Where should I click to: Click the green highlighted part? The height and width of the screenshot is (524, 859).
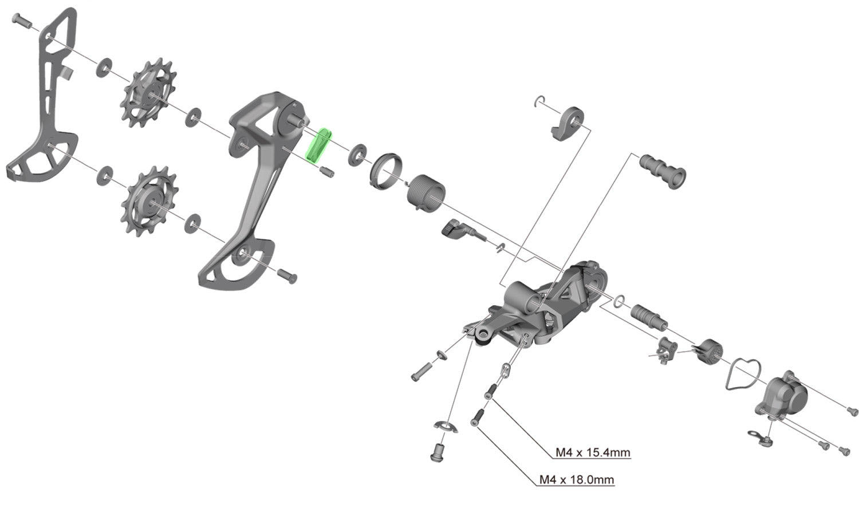coord(318,145)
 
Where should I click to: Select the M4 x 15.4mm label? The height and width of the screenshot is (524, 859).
coord(593,452)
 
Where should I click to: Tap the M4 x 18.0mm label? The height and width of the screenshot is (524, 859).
coord(577,479)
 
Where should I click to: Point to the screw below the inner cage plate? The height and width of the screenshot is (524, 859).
coord(287,277)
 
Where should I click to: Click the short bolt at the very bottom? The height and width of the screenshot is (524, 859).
coord(439,451)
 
